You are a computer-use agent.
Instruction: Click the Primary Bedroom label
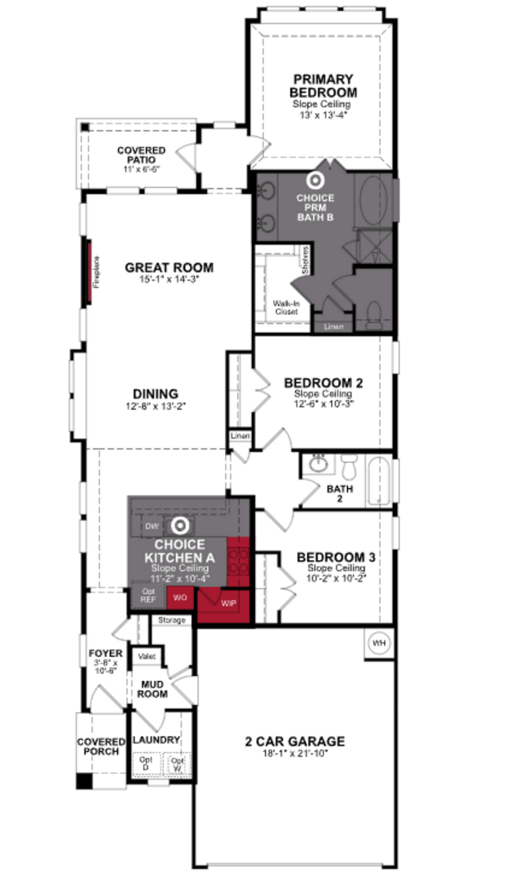point(323,86)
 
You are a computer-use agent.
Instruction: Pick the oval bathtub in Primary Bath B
point(373,201)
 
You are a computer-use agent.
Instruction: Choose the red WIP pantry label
point(228,603)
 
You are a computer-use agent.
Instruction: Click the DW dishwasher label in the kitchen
point(152,526)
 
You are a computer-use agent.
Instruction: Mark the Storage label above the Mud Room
point(172,620)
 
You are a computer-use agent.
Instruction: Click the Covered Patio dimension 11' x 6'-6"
point(141,169)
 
